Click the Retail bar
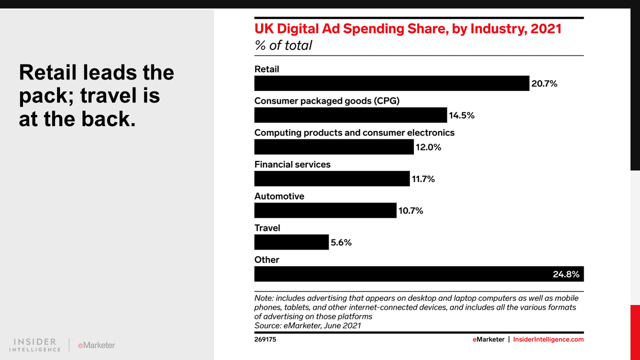[391, 83]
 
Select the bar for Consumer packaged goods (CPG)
[350, 115]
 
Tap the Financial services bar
[331, 178]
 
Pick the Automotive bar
[325, 210]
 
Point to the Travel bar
[291, 242]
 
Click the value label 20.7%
[544, 84]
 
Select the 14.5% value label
[461, 115]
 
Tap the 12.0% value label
[428, 147]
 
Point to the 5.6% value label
[341, 242]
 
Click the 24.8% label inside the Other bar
[566, 274]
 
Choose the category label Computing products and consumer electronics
[354, 132]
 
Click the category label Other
[266, 259]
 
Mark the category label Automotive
[279, 196]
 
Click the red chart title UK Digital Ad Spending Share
[407, 28]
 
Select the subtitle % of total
[283, 45]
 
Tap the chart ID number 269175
[265, 339]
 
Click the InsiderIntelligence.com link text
[548, 339]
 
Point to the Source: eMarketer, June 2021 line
[307, 325]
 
